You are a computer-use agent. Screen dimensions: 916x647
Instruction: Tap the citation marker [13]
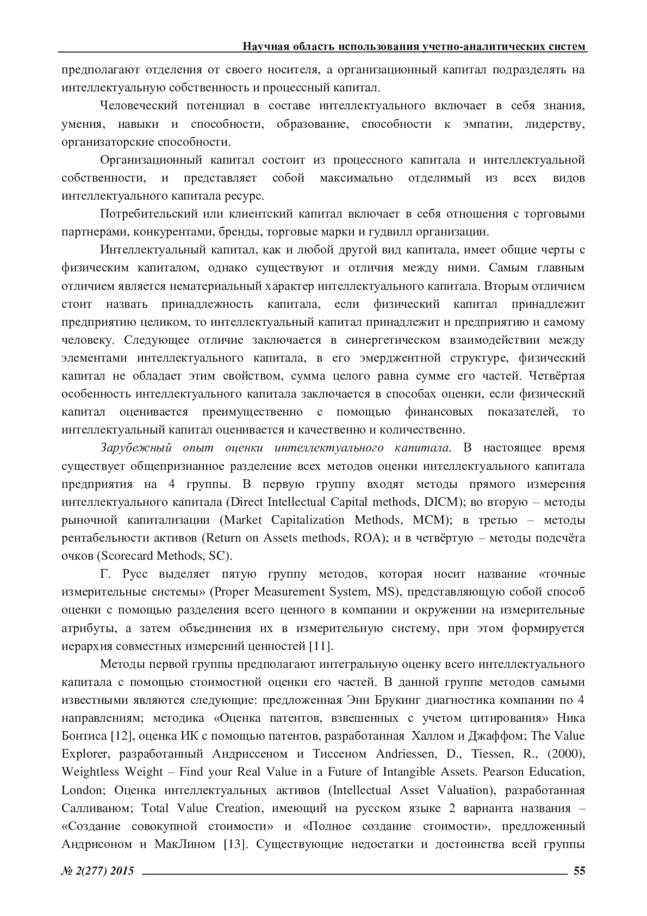(x=236, y=844)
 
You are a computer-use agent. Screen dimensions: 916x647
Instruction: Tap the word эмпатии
(x=482, y=124)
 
